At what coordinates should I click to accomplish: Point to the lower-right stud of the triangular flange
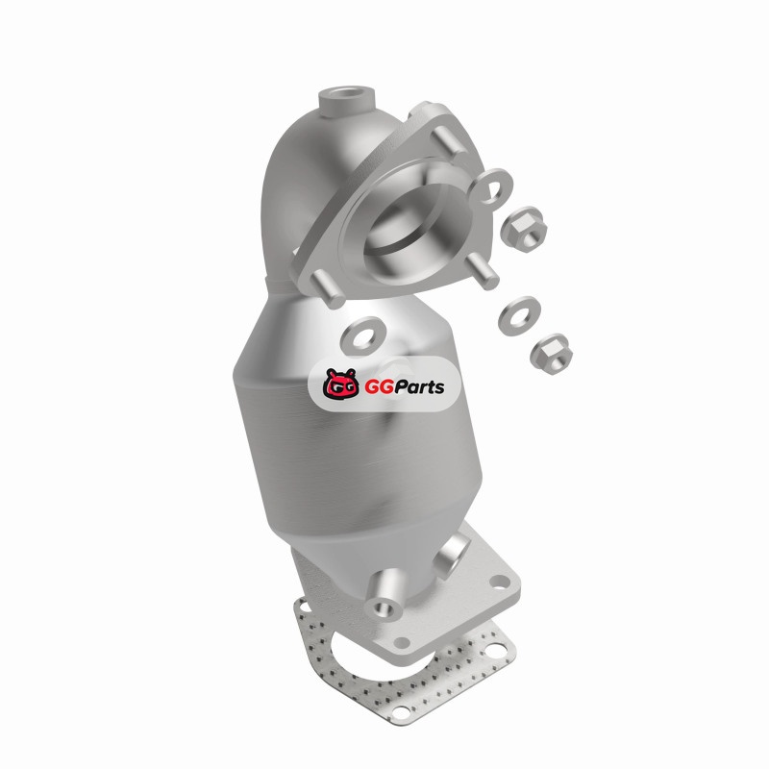click(x=483, y=271)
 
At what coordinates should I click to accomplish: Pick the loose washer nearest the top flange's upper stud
click(x=489, y=186)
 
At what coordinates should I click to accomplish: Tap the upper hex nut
click(x=524, y=229)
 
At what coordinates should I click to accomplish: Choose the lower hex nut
click(x=551, y=352)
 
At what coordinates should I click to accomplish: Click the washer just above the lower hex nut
click(x=519, y=316)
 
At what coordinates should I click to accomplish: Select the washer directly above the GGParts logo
click(x=362, y=336)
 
